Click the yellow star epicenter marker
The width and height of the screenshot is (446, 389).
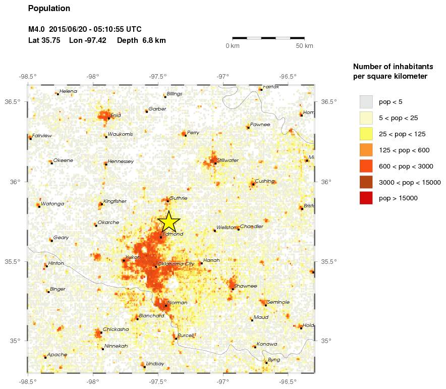tap(169, 221)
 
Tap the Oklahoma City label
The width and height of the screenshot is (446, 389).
tap(176, 264)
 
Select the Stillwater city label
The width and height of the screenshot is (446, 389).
tap(228, 160)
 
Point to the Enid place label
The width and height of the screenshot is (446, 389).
tap(116, 116)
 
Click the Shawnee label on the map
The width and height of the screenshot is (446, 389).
tap(246, 286)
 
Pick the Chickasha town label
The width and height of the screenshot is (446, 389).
tap(116, 329)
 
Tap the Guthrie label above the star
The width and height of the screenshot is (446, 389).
tap(179, 198)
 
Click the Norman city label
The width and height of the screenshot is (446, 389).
tap(177, 303)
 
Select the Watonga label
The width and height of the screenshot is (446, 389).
tap(52, 204)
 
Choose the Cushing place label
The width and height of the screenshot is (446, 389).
tap(264, 181)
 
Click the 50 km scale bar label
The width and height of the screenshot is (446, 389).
tap(304, 46)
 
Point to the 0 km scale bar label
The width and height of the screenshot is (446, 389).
tap(232, 46)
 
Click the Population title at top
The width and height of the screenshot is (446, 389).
tap(49, 9)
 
